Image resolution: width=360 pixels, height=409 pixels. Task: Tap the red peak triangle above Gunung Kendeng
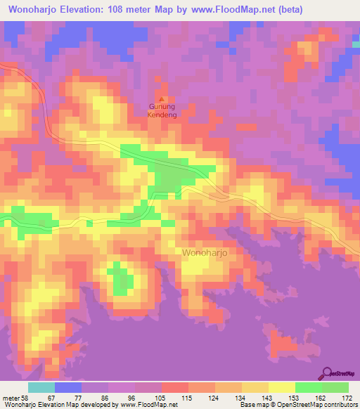point(163,99)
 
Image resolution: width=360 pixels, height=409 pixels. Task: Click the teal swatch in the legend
point(41,387)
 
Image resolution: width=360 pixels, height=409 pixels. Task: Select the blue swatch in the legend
point(67,387)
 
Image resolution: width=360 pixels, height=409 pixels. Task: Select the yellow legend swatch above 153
point(281,387)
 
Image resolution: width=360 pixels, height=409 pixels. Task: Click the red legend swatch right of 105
point(174,387)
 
